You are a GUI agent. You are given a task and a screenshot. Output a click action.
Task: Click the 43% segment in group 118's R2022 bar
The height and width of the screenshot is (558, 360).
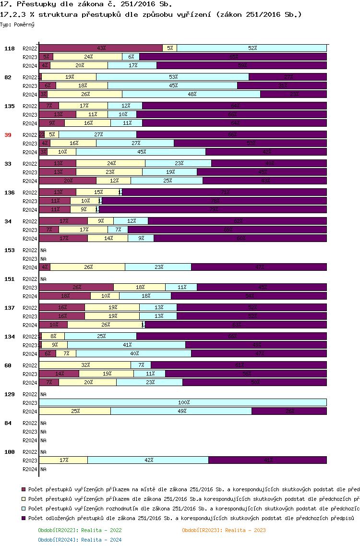point(101,48)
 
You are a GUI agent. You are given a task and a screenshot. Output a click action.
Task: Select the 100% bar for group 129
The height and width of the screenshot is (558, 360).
point(183,402)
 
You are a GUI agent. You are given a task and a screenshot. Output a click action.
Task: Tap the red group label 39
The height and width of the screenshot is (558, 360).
point(8,135)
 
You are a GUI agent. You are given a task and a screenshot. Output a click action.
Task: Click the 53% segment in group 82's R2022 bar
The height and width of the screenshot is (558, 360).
point(173,77)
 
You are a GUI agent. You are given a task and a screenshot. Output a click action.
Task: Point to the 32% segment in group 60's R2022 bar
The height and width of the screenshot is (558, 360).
point(85,365)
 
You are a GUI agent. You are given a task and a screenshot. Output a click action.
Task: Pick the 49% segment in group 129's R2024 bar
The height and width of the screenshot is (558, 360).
point(181,411)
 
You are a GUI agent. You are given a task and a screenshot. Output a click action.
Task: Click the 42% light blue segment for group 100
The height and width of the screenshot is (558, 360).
point(148,460)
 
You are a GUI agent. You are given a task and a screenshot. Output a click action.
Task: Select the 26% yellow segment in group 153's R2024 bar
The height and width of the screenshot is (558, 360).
point(87,267)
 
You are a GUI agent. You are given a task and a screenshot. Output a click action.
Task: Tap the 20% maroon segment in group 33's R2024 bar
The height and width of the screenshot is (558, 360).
point(68,181)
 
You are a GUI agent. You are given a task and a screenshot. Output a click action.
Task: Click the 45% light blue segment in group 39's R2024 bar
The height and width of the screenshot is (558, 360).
point(141,152)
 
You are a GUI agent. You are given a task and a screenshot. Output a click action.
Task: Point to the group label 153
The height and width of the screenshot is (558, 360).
point(10,250)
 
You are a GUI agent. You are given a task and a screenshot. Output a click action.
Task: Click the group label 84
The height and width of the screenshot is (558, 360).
point(8,423)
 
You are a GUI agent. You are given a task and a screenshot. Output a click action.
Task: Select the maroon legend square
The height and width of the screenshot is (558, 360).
point(24,489)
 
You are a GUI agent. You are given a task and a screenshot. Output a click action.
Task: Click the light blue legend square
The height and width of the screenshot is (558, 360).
point(24,509)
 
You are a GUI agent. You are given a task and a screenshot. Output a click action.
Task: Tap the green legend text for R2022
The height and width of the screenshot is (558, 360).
point(80,530)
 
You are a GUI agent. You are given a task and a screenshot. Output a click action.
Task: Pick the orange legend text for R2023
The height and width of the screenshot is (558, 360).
point(224,530)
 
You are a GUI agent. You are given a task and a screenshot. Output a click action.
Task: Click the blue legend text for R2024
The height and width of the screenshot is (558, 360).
point(80,540)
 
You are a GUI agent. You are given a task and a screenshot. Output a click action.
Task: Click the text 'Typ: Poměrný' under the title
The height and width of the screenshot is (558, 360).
point(17,24)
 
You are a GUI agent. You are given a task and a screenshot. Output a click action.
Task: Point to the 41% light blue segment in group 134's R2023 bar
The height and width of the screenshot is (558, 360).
point(126,345)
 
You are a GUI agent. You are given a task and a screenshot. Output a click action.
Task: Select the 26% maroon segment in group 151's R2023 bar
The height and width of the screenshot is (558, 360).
point(76,287)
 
